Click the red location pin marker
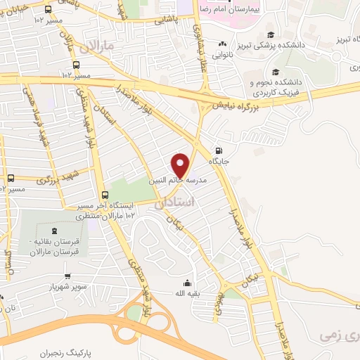pyautogui.click(x=181, y=164)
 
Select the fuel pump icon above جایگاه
pyautogui.click(x=219, y=149)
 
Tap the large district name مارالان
pyautogui.click(x=96, y=47)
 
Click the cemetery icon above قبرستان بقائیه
pyautogui.click(x=54, y=231)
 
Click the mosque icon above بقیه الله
pyautogui.click(x=187, y=282)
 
